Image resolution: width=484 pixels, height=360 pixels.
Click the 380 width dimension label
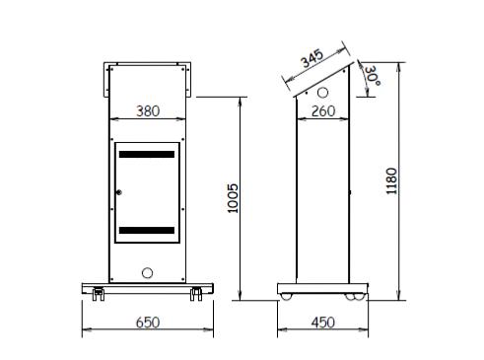point(148,111)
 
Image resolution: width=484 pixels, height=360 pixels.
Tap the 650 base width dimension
point(148,323)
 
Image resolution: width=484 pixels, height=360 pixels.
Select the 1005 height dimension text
point(233,198)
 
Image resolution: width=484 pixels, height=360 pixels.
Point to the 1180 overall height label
point(391,180)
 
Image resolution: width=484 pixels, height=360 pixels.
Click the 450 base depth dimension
point(323,323)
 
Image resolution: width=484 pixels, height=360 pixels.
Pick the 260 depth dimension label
point(323,111)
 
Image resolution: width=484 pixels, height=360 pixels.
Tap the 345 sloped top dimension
point(312,58)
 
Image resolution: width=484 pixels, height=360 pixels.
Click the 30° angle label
point(373,76)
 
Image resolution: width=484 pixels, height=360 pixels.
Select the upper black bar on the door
point(147,154)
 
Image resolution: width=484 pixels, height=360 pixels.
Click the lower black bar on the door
point(147,230)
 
